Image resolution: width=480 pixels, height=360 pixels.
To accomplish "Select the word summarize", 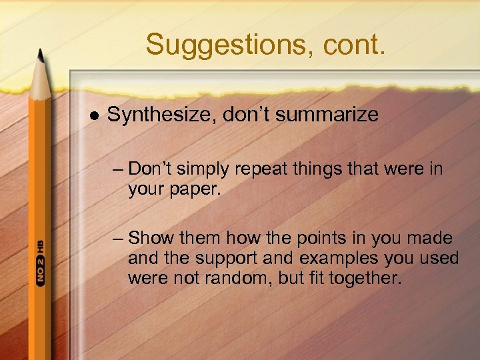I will point(327,115).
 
